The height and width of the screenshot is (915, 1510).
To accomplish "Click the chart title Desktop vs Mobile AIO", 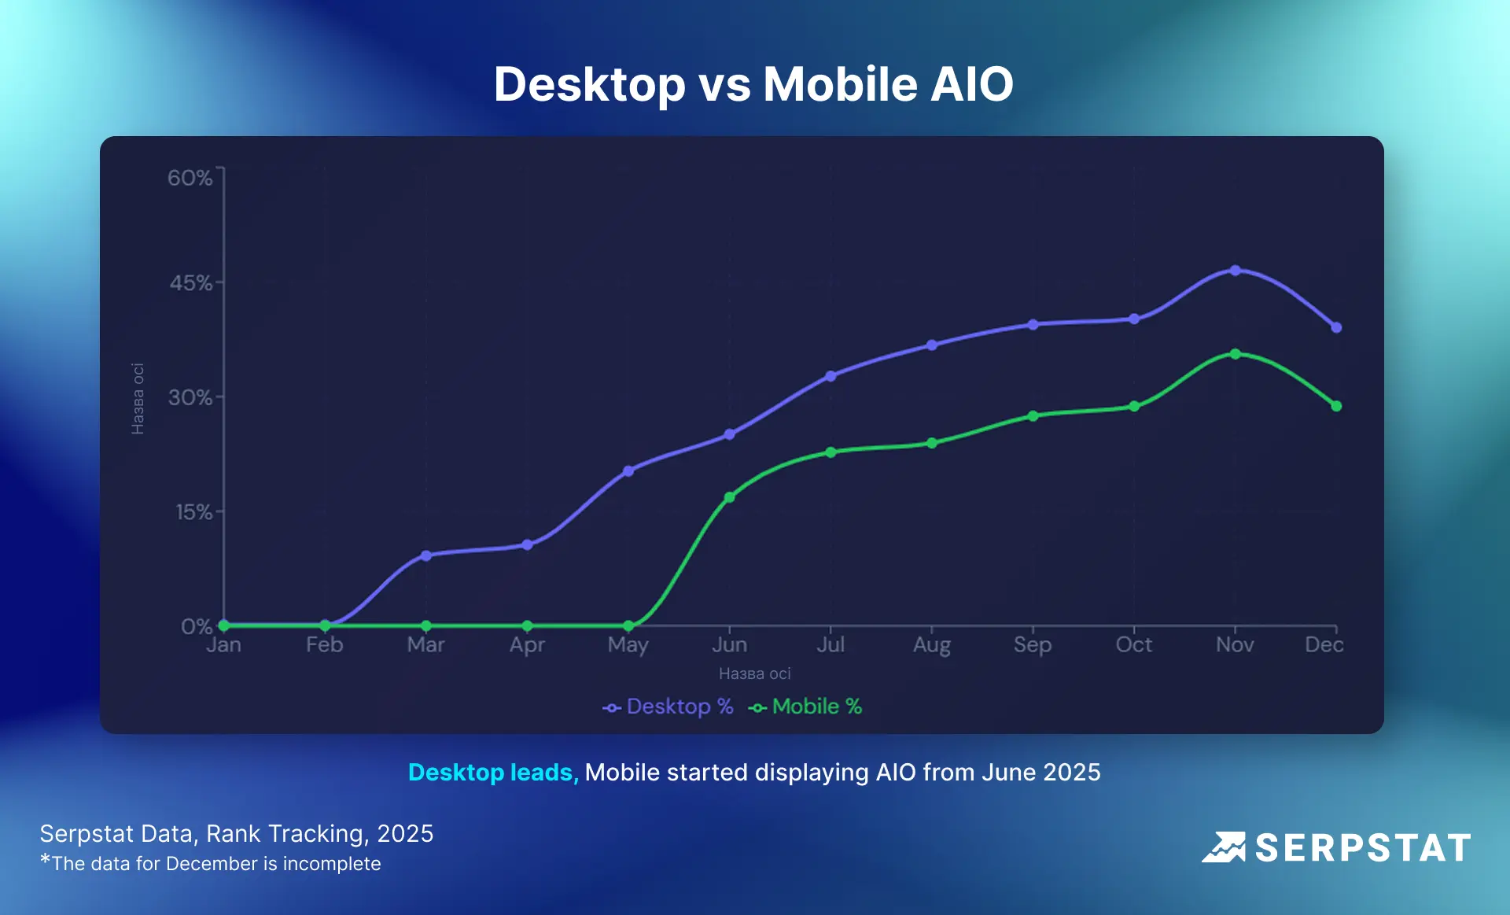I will pyautogui.click(x=753, y=83).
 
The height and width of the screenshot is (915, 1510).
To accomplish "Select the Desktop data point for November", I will pyautogui.click(x=1235, y=270).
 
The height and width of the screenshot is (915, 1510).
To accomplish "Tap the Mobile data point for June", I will pyautogui.click(x=729, y=497).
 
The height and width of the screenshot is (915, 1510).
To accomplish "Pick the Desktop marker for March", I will pyautogui.click(x=425, y=555).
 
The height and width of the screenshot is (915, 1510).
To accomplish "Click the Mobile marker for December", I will pyautogui.click(x=1336, y=406).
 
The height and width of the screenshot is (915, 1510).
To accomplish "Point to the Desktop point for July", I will pyautogui.click(x=830, y=376).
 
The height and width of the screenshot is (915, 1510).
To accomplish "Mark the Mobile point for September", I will pyautogui.click(x=1033, y=415).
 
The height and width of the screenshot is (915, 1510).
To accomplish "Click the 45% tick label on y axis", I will pyautogui.click(x=191, y=283).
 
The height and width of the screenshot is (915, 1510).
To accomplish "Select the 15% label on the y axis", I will pyautogui.click(x=193, y=512).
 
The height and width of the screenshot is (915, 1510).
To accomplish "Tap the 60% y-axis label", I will pyautogui.click(x=190, y=178).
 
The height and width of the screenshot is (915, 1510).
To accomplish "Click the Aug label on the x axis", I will pyautogui.click(x=931, y=645).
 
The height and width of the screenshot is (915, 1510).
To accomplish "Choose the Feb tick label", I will pyautogui.click(x=324, y=645).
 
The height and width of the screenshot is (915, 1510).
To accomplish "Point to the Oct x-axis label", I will pyautogui.click(x=1133, y=645).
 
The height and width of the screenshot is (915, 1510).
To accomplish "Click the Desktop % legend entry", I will pyautogui.click(x=668, y=707).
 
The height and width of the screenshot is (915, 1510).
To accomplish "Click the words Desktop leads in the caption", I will pyautogui.click(x=493, y=773).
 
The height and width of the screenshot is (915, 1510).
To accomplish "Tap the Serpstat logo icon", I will pyautogui.click(x=1224, y=847).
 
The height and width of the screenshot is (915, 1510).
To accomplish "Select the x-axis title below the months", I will pyautogui.click(x=754, y=673).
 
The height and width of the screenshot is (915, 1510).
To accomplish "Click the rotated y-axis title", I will pyautogui.click(x=138, y=398).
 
